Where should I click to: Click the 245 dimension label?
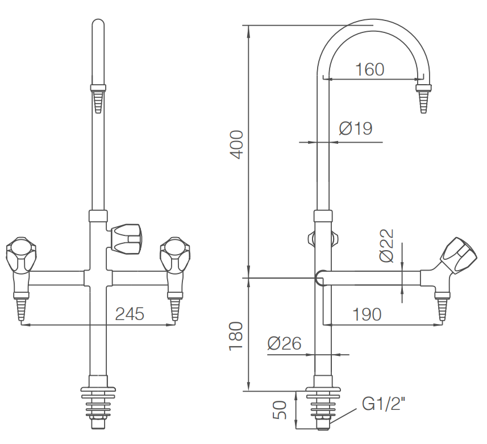coord(130,314)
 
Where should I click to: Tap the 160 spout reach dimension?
coord(369,69)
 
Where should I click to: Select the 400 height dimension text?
coord(236,145)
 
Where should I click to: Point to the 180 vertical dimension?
coord(236,337)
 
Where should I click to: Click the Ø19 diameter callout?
coord(356,128)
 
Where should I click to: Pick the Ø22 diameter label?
coord(386,246)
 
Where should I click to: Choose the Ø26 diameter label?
coord(285,343)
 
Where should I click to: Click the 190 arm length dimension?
coord(367,314)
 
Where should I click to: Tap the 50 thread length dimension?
coord(280,410)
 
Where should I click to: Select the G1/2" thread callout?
coord(384,404)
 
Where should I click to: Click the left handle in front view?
coord(21,255)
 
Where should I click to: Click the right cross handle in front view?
coord(175,255)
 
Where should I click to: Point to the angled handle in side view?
coord(459,256)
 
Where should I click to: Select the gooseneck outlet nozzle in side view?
coord(423,98)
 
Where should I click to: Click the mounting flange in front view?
coord(98,389)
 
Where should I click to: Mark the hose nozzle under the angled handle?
coord(442,307)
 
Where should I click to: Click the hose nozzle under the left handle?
coord(21,306)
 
